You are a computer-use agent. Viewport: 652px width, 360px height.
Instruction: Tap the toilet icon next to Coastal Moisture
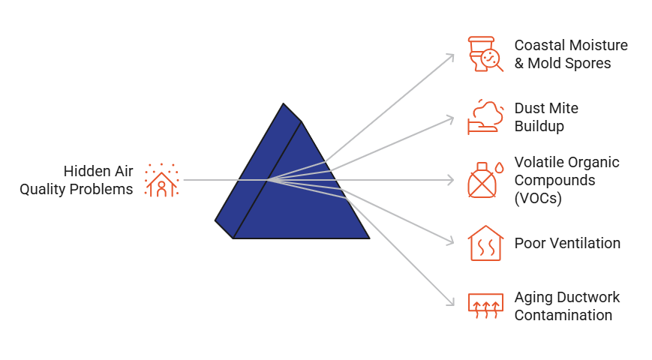[x=484, y=54]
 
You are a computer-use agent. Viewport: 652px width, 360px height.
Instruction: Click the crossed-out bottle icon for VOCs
[x=484, y=180]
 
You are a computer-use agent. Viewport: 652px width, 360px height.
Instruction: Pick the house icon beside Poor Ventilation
[x=484, y=243]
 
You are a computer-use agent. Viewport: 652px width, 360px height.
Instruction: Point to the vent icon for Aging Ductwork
[x=484, y=305]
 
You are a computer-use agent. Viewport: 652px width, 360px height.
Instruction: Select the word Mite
[x=564, y=108]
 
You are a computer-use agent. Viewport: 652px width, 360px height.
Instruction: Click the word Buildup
[x=539, y=126]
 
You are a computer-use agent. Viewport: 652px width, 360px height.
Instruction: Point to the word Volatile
[x=537, y=162]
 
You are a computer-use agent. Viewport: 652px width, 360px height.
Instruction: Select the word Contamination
[x=563, y=315]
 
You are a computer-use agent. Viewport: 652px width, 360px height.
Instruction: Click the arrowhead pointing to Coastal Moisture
[x=452, y=55]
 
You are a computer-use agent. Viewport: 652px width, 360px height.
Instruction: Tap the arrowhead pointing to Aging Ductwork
[x=452, y=303]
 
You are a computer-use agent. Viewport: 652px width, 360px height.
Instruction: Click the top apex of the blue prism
[x=284, y=104]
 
